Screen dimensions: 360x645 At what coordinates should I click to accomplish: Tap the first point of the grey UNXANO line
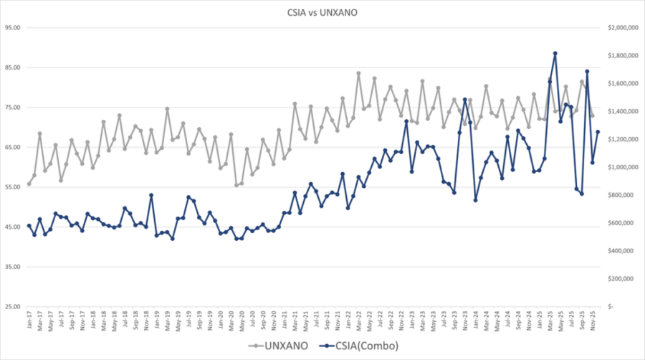[x=29, y=184]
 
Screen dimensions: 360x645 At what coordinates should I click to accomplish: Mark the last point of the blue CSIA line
[x=598, y=132]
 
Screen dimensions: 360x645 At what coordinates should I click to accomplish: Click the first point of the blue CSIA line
[x=29, y=226]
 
